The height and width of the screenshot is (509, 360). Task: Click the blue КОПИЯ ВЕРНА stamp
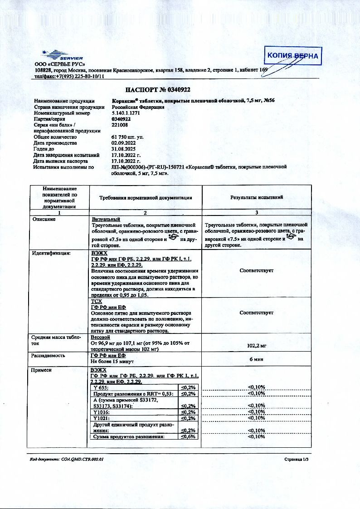tap(293, 57)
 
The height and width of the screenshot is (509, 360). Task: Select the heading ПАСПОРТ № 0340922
tap(158, 89)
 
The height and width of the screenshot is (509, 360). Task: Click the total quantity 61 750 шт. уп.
tap(127, 137)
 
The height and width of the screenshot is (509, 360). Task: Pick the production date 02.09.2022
tap(123, 143)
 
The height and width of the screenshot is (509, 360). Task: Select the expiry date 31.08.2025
tap(123, 149)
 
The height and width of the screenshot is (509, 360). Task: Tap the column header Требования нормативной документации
tap(146, 198)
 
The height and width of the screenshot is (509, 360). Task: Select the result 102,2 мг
tap(257, 345)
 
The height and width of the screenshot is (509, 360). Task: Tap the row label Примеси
tap(42, 370)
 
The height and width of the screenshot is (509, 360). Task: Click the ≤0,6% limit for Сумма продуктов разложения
tap(188, 436)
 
